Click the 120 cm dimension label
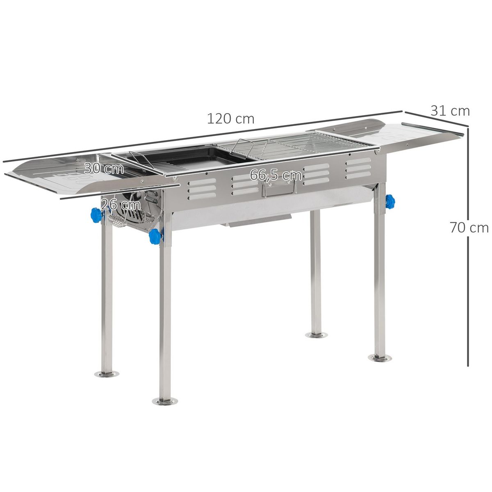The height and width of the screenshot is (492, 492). tap(230, 119)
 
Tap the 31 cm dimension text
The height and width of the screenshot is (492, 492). tap(450, 111)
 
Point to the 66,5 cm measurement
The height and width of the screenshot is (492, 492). tap(276, 175)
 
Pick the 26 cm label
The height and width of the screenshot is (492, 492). tap(121, 204)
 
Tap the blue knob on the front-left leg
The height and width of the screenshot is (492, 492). tap(155, 237)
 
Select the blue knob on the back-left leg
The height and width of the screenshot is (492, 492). tap(96, 215)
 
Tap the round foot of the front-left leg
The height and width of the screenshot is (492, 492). tap(165, 401)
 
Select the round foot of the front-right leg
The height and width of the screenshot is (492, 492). tap(379, 358)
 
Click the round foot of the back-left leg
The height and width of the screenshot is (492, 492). tap(107, 374)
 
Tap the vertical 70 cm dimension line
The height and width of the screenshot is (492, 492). tap(468, 287)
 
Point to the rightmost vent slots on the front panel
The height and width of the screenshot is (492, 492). tap(358, 168)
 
